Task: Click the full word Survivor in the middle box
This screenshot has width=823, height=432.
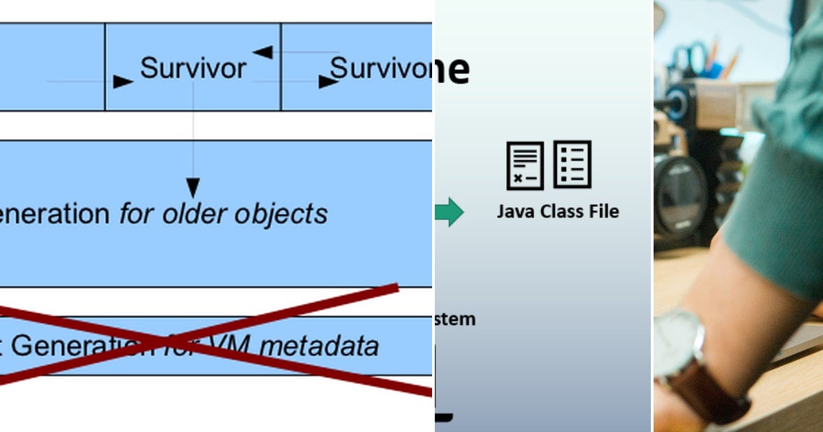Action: [x=193, y=68]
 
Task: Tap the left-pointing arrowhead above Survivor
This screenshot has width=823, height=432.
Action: [x=263, y=52]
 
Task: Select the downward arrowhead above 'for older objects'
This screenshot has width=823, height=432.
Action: [x=193, y=188]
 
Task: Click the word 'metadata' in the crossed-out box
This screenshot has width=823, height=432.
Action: [x=320, y=346]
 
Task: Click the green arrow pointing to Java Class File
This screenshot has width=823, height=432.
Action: [x=450, y=212]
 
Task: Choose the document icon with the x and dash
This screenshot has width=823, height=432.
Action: [x=525, y=165]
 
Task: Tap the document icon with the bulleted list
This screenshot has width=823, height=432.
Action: [x=572, y=165]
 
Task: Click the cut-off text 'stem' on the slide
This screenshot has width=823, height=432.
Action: [x=455, y=319]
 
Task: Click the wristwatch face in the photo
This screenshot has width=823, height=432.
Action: [x=676, y=336]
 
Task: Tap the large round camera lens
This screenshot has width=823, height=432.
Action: [x=679, y=195]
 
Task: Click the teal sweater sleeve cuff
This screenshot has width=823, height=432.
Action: [x=768, y=247]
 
